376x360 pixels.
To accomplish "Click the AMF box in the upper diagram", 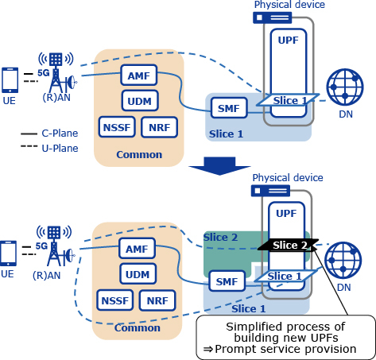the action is coord(139,75).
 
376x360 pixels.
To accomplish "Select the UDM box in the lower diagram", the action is coord(138,274).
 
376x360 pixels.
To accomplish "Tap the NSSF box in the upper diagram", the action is coord(117,127).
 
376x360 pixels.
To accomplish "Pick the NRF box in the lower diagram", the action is coord(157,300).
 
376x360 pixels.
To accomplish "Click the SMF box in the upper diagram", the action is coord(229,108).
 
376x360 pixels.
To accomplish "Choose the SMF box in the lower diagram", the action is coord(227,281).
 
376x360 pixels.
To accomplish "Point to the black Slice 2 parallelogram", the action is coord(289,245).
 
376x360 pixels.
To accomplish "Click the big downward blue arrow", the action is coord(219,166).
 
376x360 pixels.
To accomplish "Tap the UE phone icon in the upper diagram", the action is coord(10,80).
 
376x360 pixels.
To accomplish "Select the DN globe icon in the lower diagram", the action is coord(343,261).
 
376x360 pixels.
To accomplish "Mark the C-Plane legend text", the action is coord(60,134).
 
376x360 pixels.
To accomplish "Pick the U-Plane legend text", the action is coord(60,149).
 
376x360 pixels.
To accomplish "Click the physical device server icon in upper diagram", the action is coord(273,17).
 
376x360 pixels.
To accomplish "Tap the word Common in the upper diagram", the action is coord(139,155).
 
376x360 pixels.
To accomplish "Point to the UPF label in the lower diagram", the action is coord(286,214).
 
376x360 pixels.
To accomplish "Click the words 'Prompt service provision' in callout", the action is coord(285,349).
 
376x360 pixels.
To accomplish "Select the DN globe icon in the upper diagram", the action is coord(345,87).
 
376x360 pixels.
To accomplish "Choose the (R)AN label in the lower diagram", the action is coord(47,276).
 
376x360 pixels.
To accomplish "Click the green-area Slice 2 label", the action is coord(220,238).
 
